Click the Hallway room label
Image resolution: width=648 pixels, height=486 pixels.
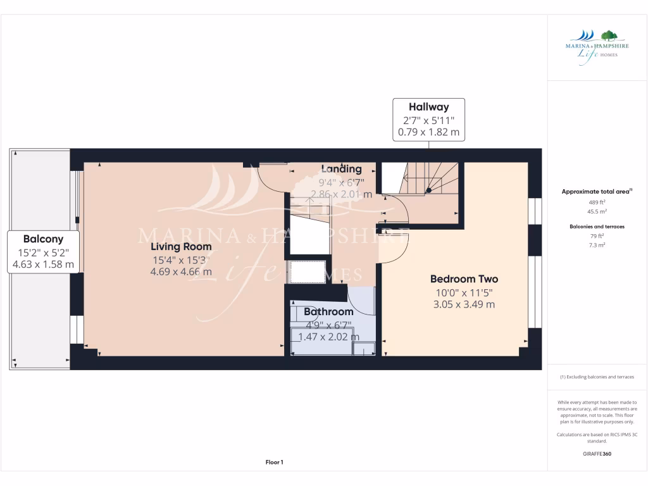(428, 108)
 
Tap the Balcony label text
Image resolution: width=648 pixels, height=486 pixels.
(43, 239)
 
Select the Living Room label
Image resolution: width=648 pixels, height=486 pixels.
(181, 247)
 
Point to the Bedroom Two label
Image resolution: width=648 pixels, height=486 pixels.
(464, 279)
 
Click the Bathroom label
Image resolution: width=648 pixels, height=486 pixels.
(328, 312)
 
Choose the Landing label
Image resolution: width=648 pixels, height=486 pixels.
(341, 169)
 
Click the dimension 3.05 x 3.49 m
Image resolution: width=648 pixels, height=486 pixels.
(464, 304)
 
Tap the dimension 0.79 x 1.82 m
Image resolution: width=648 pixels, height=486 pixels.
(428, 133)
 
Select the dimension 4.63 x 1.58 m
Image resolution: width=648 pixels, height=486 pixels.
(43, 265)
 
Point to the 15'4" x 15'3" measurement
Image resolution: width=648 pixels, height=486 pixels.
(181, 259)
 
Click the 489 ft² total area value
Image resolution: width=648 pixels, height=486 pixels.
(597, 202)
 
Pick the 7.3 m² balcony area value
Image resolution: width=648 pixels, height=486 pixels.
(597, 244)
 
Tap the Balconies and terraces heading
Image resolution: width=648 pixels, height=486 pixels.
(597, 226)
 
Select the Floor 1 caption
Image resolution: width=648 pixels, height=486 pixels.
(274, 463)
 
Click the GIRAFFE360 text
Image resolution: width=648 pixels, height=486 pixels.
(597, 454)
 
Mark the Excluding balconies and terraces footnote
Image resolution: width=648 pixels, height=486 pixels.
(597, 377)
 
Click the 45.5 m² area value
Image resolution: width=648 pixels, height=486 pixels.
(597, 212)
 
